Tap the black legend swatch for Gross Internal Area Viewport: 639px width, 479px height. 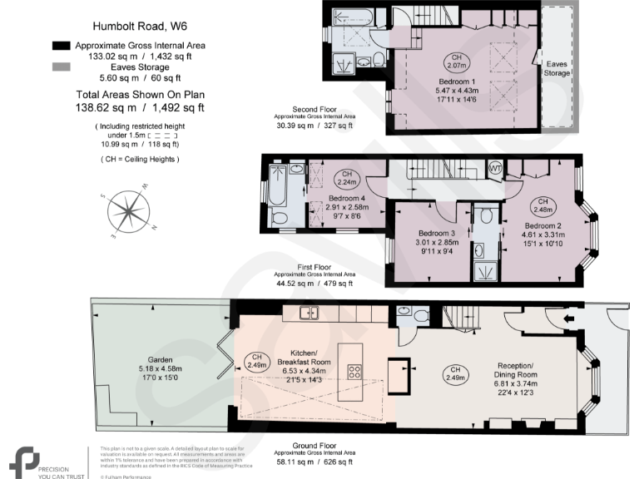pyautogui.click(x=61, y=45)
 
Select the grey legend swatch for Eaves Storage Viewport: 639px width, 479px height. pyautogui.click(x=61, y=72)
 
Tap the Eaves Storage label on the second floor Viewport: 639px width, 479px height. pyautogui.click(x=557, y=68)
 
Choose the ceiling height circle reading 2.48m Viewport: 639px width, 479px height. pyautogui.click(x=542, y=205)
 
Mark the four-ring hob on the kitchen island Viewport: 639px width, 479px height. pyautogui.click(x=354, y=372)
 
